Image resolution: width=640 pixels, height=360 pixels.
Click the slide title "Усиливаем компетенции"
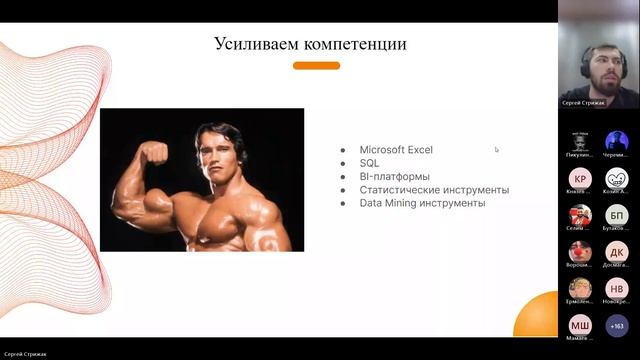pyautogui.click(x=310, y=44)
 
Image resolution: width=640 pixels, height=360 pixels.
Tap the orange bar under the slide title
pyautogui.click(x=316, y=66)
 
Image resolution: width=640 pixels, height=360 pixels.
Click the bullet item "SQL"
pyautogui.click(x=369, y=163)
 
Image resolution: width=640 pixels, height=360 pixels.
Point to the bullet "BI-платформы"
pyautogui.click(x=394, y=176)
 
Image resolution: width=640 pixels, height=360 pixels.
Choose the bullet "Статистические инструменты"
pyautogui.click(x=434, y=189)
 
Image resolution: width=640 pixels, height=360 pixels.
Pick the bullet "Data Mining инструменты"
pyautogui.click(x=422, y=202)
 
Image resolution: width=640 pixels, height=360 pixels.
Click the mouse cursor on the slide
pyautogui.click(x=496, y=150)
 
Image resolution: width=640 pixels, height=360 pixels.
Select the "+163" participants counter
pyautogui.click(x=617, y=325)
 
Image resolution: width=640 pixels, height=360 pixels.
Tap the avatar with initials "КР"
pyautogui.click(x=580, y=179)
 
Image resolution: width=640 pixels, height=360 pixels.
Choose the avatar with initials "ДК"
pyautogui.click(x=617, y=252)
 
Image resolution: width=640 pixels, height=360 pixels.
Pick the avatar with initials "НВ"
pyautogui.click(x=617, y=289)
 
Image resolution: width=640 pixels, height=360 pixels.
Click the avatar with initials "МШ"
pyautogui.click(x=580, y=325)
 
